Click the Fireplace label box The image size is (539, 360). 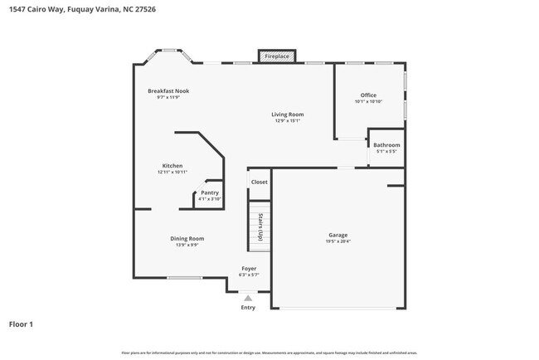click(277, 56)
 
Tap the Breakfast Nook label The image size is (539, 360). click(168, 90)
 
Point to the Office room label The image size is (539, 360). click(368, 95)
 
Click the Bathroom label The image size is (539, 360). click(386, 145)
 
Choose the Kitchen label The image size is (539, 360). click(172, 166)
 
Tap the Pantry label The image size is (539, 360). click(210, 192)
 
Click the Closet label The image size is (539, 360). click(260, 182)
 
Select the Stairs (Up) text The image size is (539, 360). click(260, 226)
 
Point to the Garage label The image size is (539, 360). click(337, 235)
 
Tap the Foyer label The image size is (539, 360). click(249, 268)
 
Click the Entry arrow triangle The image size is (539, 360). click(249, 297)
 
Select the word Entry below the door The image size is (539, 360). click(249, 307)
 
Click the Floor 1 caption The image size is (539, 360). click(21, 324)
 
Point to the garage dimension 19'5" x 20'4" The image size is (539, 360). click(337, 241)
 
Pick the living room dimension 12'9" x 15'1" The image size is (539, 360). click(288, 120)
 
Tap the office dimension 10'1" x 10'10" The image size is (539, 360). click(368, 102)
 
